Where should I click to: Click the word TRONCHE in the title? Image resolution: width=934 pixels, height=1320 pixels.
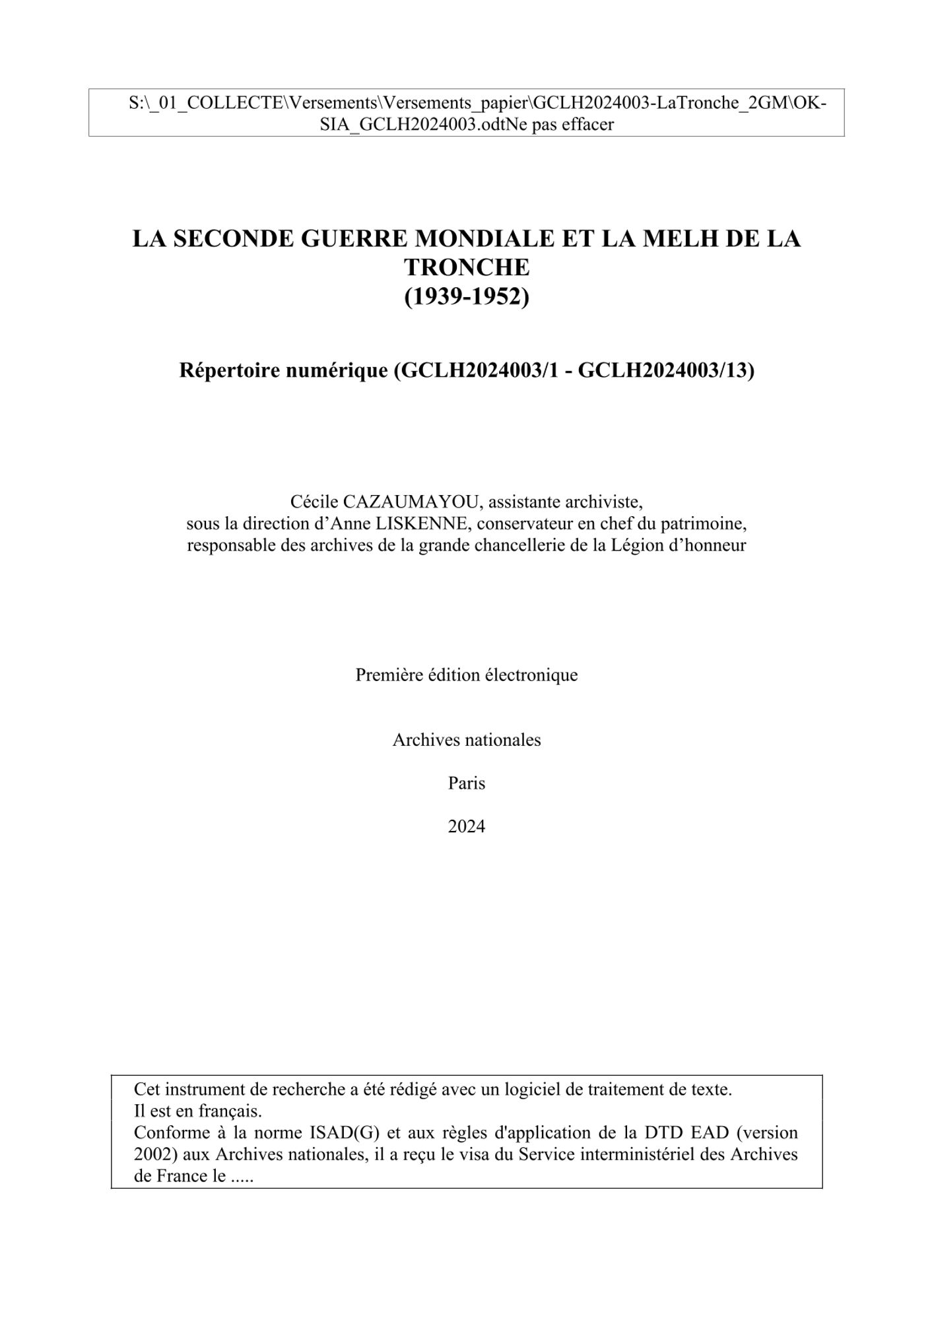tap(467, 268)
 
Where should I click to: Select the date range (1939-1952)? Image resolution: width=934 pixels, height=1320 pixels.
tap(467, 297)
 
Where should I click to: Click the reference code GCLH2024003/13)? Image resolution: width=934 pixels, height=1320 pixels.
tap(666, 370)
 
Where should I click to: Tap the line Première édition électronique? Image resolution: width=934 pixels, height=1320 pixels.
tap(467, 675)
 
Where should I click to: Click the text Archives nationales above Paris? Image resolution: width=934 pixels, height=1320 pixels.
tap(467, 740)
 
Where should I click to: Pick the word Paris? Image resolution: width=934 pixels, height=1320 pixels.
tap(467, 783)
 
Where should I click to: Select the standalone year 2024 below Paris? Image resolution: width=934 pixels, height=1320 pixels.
tap(467, 826)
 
